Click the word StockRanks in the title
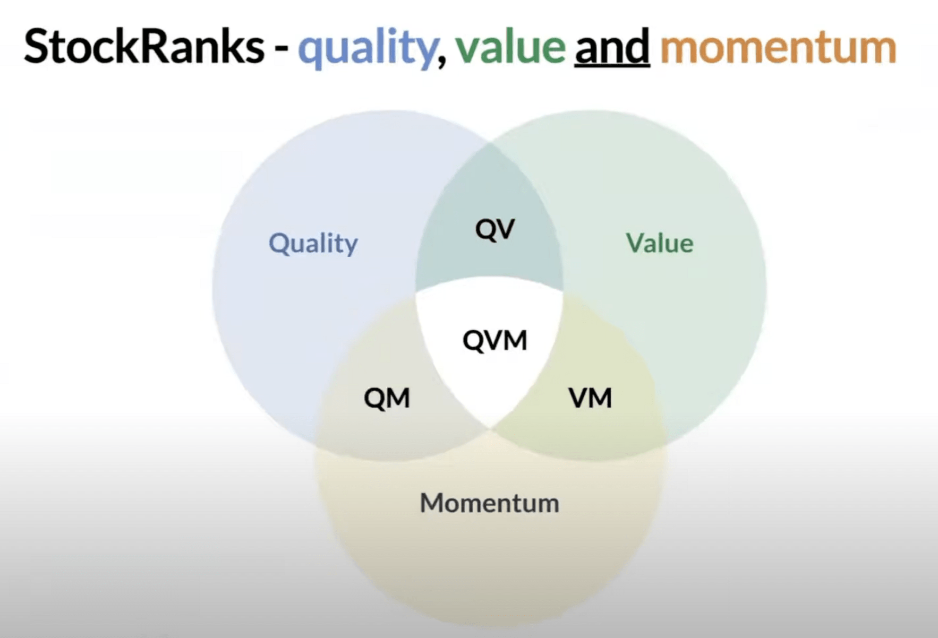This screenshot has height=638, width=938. point(144,46)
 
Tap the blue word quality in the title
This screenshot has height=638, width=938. point(367,47)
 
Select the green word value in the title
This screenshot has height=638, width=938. point(510,46)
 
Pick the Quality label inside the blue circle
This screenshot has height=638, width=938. point(313,244)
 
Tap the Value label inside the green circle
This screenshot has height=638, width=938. point(659,243)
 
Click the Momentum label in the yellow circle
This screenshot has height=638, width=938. point(489,503)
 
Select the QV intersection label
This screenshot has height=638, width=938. point(495,230)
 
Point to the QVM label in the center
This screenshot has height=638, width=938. point(495,340)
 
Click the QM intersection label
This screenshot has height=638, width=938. point(387,398)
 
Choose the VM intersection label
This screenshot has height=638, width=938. point(590,398)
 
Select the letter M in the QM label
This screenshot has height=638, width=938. point(399,398)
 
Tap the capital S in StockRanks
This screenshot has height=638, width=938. point(37,46)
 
